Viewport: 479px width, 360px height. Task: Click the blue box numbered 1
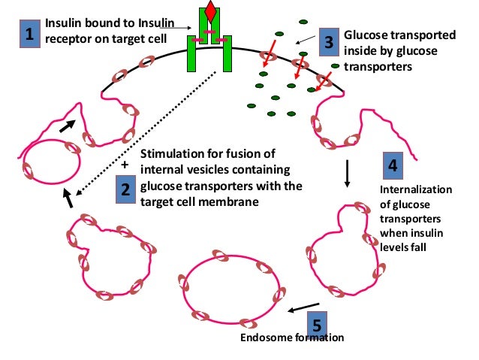pyautogui.click(x=29, y=33)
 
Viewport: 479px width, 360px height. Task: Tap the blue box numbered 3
pyautogui.click(x=327, y=43)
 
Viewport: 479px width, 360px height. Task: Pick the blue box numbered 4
pyautogui.click(x=392, y=165)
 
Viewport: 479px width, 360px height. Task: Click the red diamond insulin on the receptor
pyautogui.click(x=210, y=13)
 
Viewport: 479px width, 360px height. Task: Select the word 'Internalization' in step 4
pyautogui.click(x=416, y=189)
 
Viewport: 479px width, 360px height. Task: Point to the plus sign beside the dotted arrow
pyautogui.click(x=125, y=163)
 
